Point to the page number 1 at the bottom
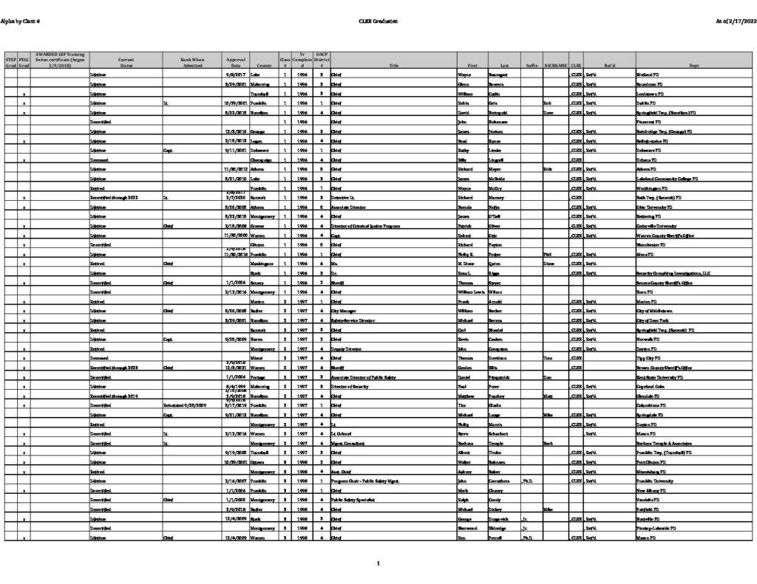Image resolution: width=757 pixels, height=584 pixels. click(378, 564)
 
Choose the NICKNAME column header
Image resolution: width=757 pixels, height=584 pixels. click(556, 65)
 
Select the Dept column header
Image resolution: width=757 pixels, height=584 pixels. click(693, 65)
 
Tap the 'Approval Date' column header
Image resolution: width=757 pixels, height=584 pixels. click(233, 62)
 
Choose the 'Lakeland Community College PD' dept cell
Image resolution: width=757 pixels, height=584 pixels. click(666, 179)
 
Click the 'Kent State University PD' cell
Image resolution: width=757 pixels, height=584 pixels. click(659, 377)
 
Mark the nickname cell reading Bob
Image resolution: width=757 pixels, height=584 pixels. click(547, 103)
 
